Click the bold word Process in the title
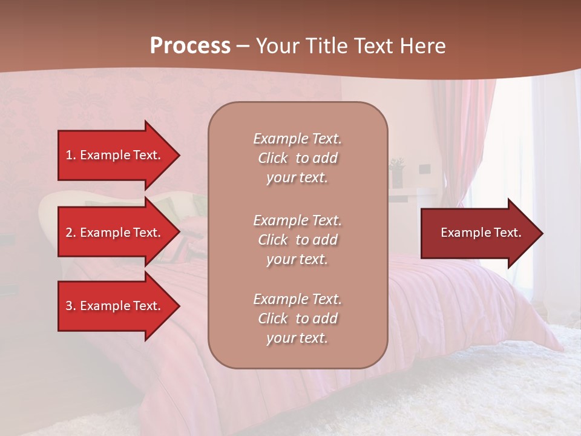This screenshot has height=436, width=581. point(190,45)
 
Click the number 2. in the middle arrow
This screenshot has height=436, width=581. point(71,233)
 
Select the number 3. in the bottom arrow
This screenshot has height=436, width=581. point(71,306)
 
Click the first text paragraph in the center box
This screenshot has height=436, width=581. point(297,158)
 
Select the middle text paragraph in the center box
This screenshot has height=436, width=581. point(297,240)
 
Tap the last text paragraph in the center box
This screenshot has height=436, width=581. point(297,319)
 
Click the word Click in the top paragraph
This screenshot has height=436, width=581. point(273,158)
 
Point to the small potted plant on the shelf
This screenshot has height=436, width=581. point(398,170)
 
